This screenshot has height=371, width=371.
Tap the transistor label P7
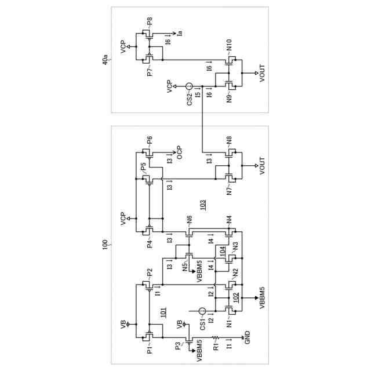(150, 72)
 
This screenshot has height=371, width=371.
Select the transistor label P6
(150, 140)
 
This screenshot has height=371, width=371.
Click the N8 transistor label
(228, 140)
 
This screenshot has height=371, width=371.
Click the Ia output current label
(180, 33)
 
